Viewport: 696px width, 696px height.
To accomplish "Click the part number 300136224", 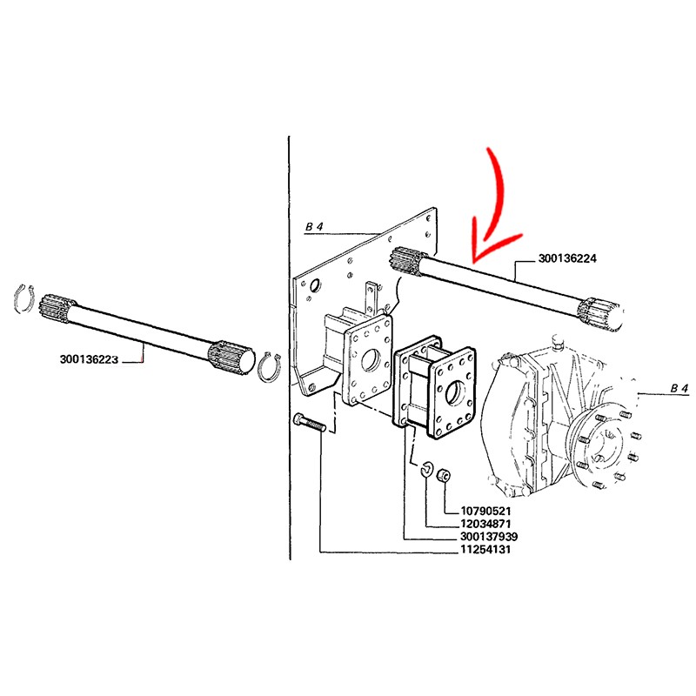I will (567, 258).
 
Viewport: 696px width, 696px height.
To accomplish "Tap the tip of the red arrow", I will (474, 262).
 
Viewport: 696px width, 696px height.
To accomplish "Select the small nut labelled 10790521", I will (442, 475).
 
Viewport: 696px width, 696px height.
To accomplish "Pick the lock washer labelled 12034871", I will (425, 471).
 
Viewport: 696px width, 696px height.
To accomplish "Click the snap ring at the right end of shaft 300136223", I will (269, 365).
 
